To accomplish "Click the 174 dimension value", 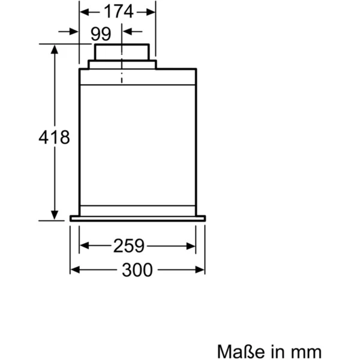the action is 118,11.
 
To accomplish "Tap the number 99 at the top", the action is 101,34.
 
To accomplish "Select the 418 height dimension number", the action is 54,137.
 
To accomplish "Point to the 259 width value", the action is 129,245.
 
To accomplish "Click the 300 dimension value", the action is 137,270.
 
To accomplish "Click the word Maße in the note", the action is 242,351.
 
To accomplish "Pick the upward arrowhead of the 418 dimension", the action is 55,50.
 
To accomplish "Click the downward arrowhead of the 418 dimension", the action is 55,215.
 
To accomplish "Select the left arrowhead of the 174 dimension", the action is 85,12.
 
